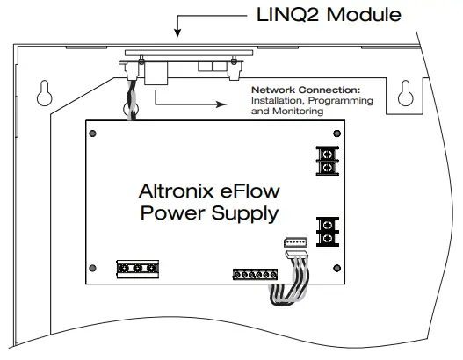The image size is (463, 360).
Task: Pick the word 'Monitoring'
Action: (x=293, y=112)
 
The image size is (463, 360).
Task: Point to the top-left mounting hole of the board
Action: (x=92, y=132)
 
